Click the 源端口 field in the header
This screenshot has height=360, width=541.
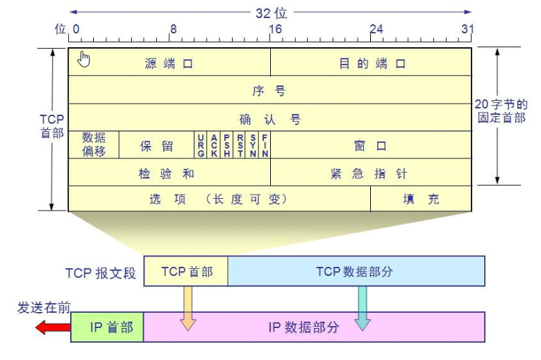click(x=169, y=63)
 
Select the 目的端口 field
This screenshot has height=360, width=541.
click(x=371, y=63)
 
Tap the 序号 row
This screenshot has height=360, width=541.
click(x=269, y=90)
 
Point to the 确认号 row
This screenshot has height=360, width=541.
click(x=269, y=119)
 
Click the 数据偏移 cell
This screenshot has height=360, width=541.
click(x=94, y=145)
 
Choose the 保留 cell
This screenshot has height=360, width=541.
click(x=157, y=145)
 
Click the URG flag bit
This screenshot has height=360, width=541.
click(x=201, y=145)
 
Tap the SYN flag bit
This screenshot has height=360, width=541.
click(x=253, y=145)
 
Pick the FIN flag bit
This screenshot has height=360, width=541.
click(x=265, y=145)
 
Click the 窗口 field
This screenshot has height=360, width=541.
click(x=371, y=145)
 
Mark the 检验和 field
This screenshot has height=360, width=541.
click(x=169, y=172)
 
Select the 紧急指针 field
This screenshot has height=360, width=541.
click(x=371, y=172)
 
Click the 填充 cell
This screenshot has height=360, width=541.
click(x=421, y=199)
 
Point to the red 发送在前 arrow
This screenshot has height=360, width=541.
click(x=52, y=327)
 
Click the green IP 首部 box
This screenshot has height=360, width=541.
click(x=108, y=327)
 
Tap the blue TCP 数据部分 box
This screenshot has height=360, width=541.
click(x=356, y=271)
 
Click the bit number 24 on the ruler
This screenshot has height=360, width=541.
click(x=376, y=29)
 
